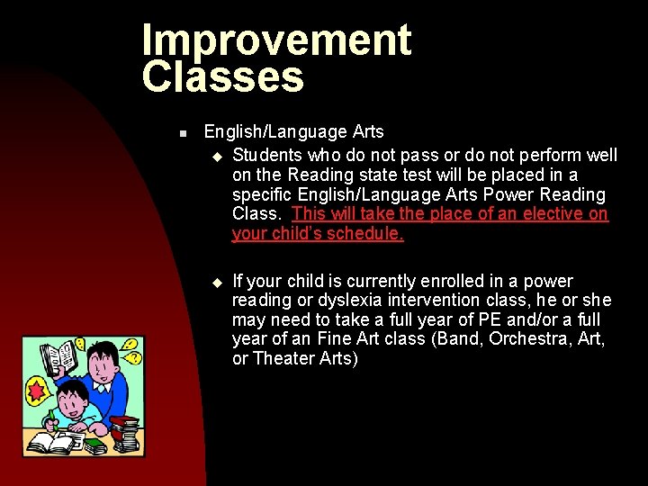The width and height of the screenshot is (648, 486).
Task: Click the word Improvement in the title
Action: pyautogui.click(x=276, y=41)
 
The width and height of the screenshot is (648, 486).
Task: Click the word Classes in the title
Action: pyautogui.click(x=223, y=77)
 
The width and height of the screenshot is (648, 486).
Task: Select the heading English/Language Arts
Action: pyautogui.click(x=293, y=132)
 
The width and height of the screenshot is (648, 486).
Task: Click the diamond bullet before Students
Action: pyautogui.click(x=216, y=155)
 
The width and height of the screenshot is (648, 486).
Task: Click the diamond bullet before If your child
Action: pyautogui.click(x=216, y=283)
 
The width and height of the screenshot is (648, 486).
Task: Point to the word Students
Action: pyautogui.click(x=266, y=155)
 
